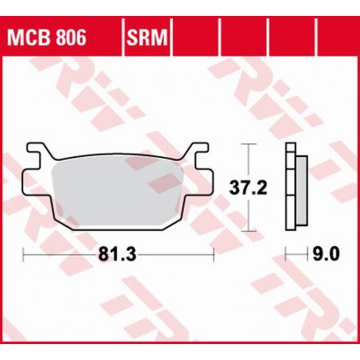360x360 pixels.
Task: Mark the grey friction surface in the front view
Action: point(119,187)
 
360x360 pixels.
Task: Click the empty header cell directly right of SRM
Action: point(195,37)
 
